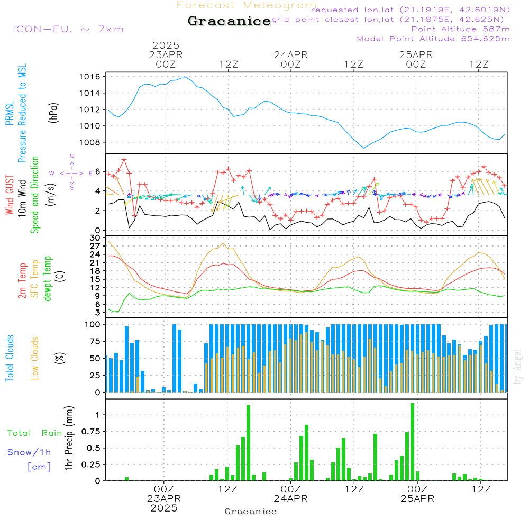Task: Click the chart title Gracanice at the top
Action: [229, 21]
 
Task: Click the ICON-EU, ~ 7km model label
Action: [68, 29]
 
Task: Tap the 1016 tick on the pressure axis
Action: [90, 77]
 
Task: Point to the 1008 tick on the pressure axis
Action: [90, 142]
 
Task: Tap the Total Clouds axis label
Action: [10, 358]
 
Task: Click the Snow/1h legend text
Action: [30, 452]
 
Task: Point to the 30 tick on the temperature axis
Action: [95, 238]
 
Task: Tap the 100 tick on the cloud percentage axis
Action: [93, 324]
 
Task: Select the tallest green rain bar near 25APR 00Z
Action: [412, 442]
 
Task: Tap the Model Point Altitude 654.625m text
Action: [433, 39]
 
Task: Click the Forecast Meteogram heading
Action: [247, 5]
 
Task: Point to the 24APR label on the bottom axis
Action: [290, 499]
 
